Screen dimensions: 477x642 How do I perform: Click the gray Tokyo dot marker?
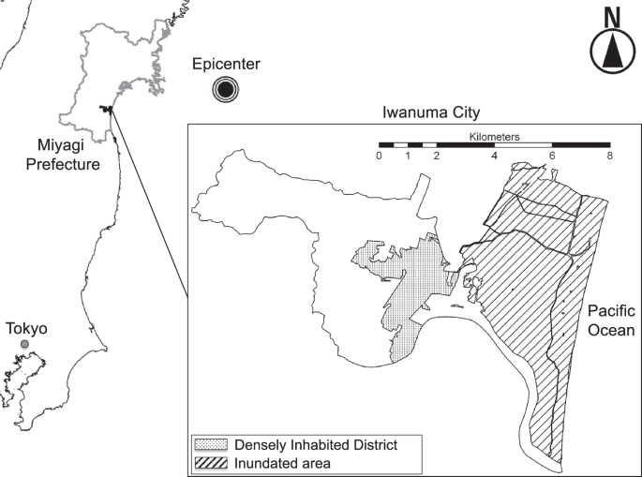coord(25,346)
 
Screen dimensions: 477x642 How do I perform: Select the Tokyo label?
coord(26,329)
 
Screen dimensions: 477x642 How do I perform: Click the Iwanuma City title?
coord(430,112)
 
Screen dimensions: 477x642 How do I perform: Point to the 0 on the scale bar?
coord(379,157)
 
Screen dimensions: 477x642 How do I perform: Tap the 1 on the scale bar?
coord(408,157)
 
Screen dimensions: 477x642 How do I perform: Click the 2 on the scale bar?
coord(437,157)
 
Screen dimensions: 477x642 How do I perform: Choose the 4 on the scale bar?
coord(494,157)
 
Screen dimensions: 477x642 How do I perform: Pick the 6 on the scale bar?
coord(552,157)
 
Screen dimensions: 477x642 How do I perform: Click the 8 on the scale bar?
coord(610,157)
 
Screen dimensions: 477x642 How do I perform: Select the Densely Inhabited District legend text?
coord(315,444)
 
